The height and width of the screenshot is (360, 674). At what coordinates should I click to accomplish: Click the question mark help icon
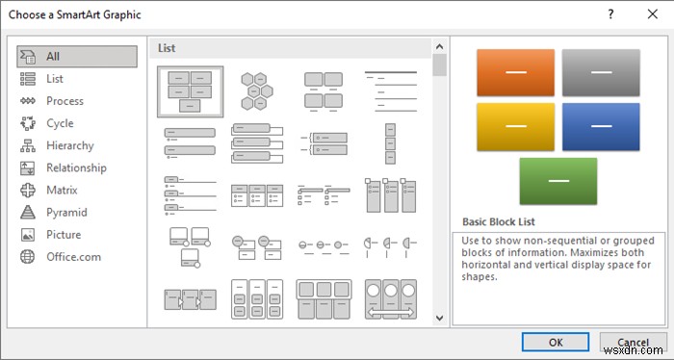[x=610, y=15]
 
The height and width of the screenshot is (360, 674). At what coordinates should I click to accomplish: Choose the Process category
[x=65, y=101]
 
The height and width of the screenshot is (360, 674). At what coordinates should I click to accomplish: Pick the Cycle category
[x=59, y=123]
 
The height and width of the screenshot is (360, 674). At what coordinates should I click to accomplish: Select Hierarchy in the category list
[x=69, y=145]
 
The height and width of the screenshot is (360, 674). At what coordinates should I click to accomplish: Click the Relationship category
[x=75, y=167]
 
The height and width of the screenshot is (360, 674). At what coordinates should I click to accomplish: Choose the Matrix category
[x=62, y=190]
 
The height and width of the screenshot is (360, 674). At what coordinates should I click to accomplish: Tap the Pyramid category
[x=66, y=212]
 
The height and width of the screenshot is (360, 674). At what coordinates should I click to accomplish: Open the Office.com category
[x=73, y=256]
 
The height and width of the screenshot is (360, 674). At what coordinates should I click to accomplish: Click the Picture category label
[x=64, y=234]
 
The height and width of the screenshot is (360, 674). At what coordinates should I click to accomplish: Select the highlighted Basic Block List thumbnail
[x=191, y=91]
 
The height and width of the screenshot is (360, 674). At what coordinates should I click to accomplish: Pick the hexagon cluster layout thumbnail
[x=258, y=91]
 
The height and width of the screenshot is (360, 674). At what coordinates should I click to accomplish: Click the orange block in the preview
[x=515, y=72]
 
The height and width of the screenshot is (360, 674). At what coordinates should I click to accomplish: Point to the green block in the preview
[x=557, y=181]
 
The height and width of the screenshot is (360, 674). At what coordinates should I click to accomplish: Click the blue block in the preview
[x=600, y=126]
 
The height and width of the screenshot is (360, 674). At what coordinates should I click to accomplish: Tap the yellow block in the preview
[x=515, y=126]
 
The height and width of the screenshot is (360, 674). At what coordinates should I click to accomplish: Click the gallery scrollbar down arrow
[x=439, y=317]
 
